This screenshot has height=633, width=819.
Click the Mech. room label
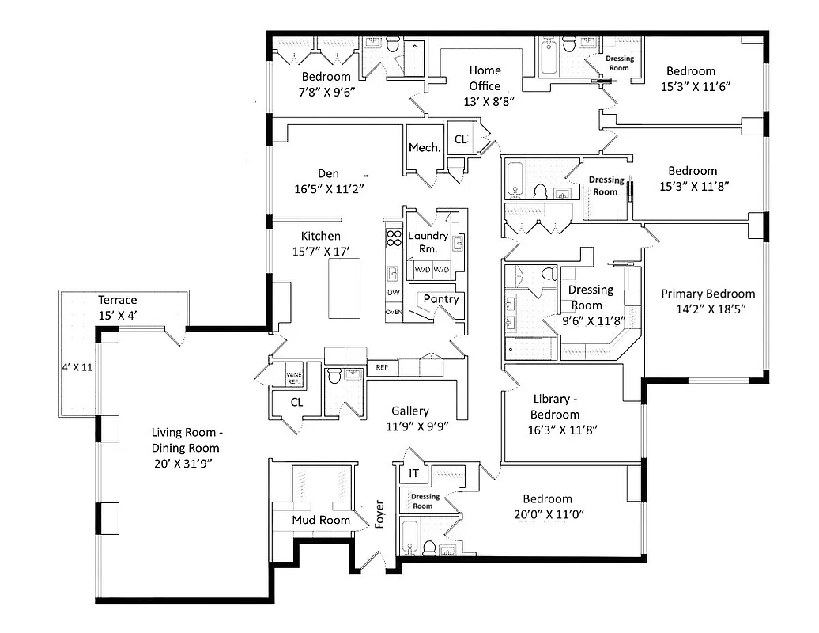(425, 148)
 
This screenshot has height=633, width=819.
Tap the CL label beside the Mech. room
(460, 140)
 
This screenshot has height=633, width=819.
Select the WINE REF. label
(294, 378)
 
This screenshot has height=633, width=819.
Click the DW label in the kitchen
(394, 293)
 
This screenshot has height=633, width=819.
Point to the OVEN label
(394, 313)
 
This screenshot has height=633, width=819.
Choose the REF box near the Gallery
(382, 367)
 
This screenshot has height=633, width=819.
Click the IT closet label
(413, 474)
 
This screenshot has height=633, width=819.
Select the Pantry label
(440, 299)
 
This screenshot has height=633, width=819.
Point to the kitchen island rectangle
(345, 288)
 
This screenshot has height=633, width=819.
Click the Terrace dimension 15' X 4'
(117, 314)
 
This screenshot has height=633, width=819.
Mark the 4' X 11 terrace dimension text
(77, 367)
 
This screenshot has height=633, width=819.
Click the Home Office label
(485, 78)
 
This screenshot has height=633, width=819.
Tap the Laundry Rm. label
(428, 242)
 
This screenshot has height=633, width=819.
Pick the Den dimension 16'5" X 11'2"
(328, 188)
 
